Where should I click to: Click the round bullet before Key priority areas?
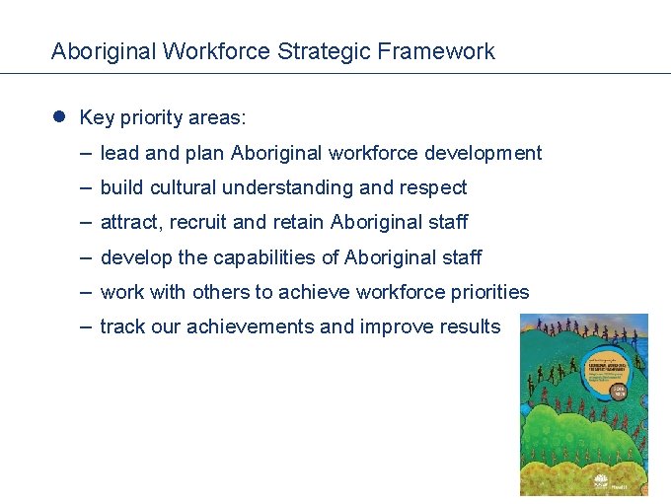pos(59,117)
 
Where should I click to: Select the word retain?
pos(300,222)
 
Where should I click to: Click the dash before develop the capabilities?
pos(87,257)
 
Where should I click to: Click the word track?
pos(121,326)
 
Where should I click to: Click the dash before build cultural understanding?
pos(87,187)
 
